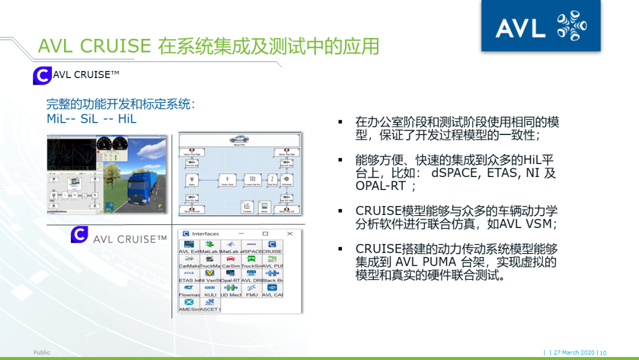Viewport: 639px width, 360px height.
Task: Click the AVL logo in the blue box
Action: tap(540, 27)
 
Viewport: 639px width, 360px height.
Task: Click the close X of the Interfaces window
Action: tap(290, 233)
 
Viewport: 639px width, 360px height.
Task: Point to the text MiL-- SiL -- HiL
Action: tap(91, 119)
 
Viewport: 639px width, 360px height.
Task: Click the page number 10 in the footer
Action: tap(603, 353)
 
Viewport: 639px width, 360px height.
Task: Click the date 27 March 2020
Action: tap(574, 353)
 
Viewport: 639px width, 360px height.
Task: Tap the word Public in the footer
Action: tap(42, 352)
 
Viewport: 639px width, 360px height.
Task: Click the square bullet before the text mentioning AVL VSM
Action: tap(341, 211)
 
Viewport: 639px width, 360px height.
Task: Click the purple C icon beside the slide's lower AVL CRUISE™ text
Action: tap(79, 234)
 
